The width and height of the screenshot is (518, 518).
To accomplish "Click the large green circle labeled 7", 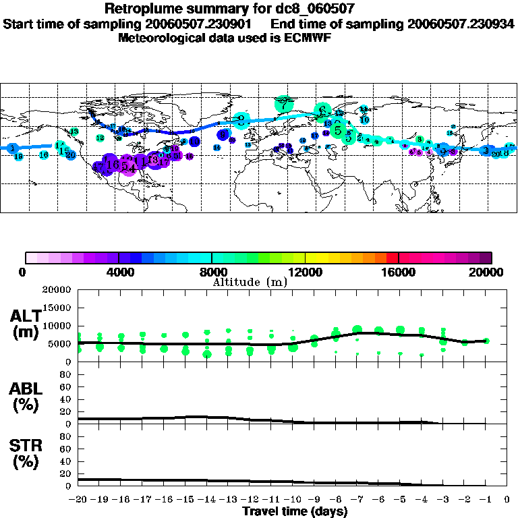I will (284, 104).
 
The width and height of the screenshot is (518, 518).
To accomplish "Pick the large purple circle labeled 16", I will (113, 164).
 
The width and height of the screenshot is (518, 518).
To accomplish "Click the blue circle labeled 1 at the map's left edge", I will (11, 148).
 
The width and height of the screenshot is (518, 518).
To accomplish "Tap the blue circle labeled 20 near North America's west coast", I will (70, 155).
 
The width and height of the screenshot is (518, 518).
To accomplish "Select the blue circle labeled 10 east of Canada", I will (194, 142).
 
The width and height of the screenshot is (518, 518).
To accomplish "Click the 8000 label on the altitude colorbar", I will (212, 272).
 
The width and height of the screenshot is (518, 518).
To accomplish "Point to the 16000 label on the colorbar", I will (399, 272).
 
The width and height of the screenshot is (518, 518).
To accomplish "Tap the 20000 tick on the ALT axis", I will (57, 290).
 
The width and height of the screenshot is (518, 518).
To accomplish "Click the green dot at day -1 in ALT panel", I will (486, 341).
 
